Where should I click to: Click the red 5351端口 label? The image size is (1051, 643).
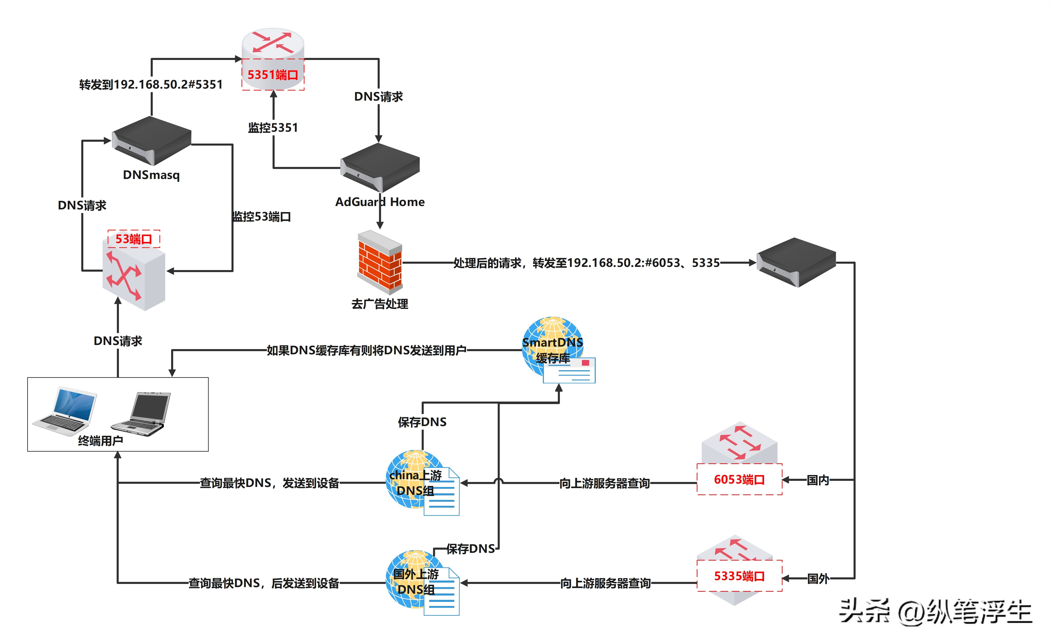point(273,75)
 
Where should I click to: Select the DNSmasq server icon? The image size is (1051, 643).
point(151,141)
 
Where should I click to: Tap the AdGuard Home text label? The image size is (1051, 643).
point(380,202)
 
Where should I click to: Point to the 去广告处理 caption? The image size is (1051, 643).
point(380,304)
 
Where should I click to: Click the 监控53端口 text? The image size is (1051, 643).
point(261,217)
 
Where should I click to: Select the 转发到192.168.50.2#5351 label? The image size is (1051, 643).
point(151,84)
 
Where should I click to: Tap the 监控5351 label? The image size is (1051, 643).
point(273,128)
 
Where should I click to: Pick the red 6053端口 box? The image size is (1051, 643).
point(739,479)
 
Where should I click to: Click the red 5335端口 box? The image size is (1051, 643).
point(739,576)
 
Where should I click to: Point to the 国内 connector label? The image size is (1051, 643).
point(818,480)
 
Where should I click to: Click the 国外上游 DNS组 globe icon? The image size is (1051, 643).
point(416,581)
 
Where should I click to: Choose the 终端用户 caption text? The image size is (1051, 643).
point(101,441)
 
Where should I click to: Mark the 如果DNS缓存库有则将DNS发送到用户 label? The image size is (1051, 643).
point(366,350)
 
